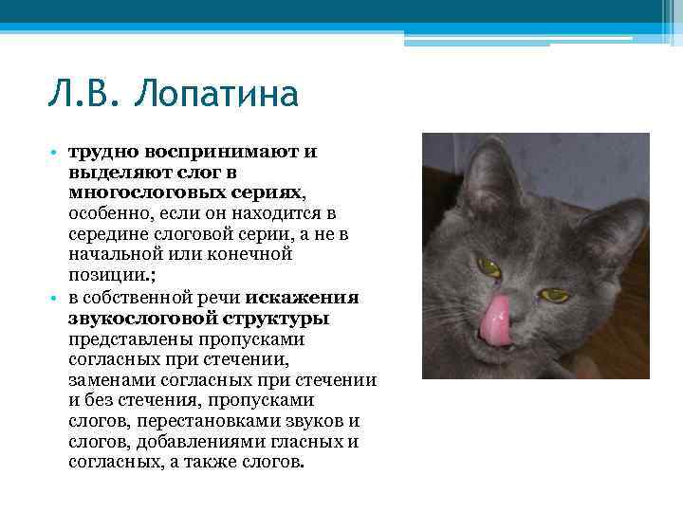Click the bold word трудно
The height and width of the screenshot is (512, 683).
coord(98,152)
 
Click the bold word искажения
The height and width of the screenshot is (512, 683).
coord(307,297)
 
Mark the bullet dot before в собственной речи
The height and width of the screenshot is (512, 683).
coord(56,298)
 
